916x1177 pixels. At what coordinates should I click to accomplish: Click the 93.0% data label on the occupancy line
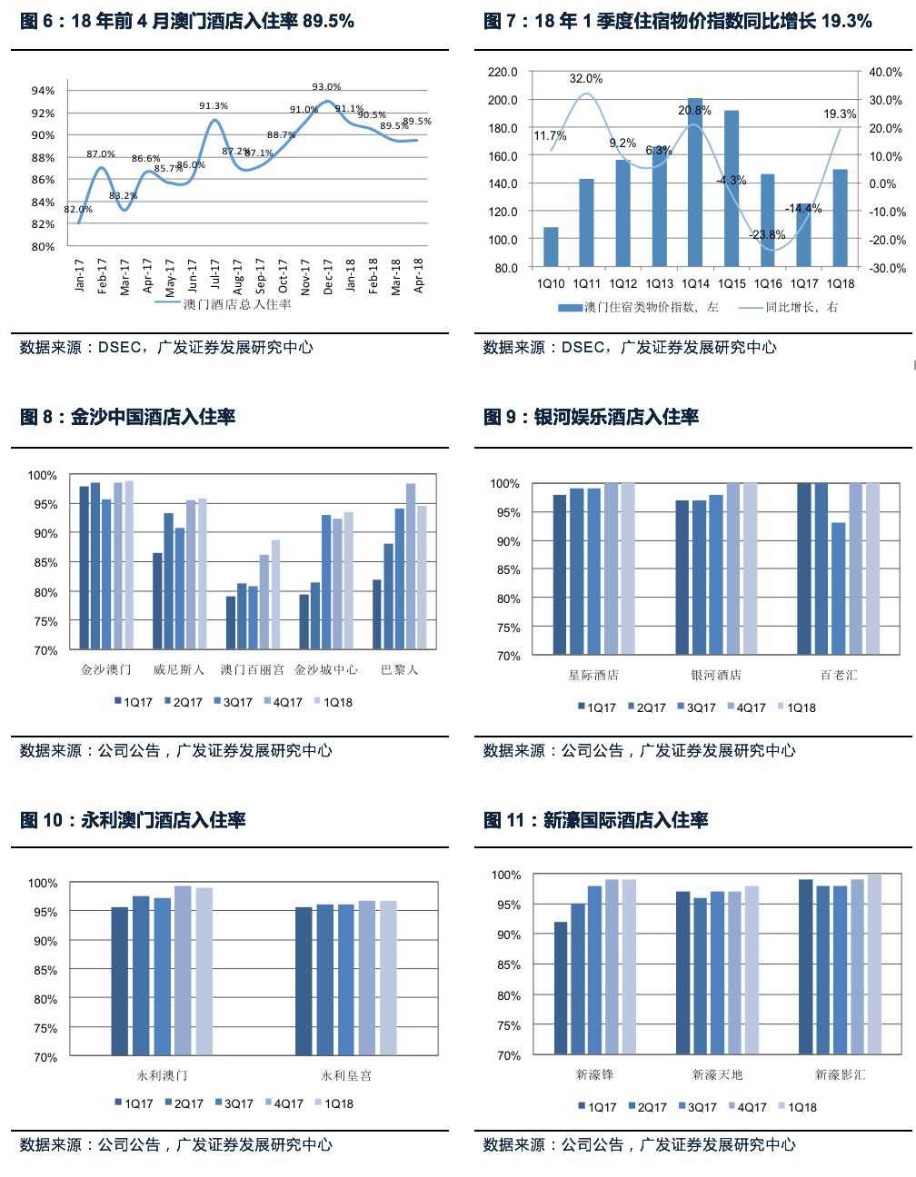coord(326,87)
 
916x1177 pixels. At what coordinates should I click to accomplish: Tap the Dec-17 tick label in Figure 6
coord(328,275)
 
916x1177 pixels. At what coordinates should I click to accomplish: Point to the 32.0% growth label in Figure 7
coord(586,79)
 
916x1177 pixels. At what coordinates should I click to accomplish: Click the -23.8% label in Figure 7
coord(767,234)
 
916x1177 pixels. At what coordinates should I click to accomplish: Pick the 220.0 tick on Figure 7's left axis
coord(503,72)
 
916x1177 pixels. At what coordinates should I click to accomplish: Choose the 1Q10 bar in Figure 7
coord(551,246)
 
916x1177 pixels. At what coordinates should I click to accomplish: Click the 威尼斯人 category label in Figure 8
coord(179,669)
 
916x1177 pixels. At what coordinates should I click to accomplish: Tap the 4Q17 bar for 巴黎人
coord(411,566)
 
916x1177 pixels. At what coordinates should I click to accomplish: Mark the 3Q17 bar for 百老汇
coord(838,588)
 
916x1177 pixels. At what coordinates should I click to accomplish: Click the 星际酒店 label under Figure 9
coord(593,675)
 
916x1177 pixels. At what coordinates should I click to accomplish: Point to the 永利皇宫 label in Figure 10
coord(345,1075)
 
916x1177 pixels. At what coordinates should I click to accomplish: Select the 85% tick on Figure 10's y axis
coord(45,970)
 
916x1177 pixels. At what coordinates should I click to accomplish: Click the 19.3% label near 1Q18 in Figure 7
coord(840,114)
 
